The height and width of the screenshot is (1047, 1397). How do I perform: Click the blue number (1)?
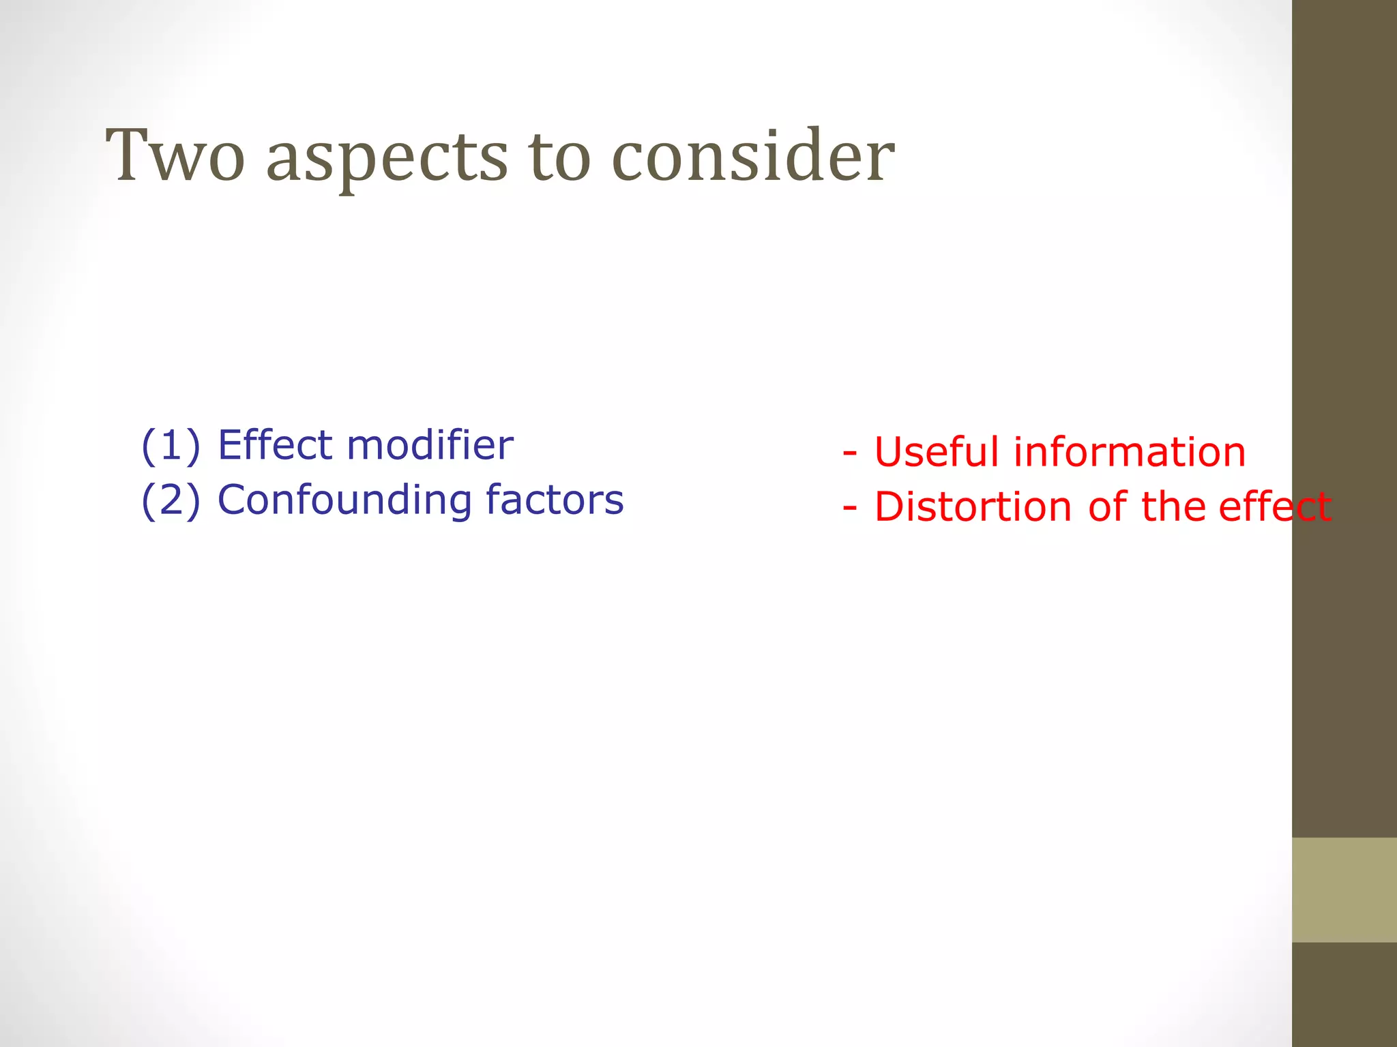(x=171, y=446)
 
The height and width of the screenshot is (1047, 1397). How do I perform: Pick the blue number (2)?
(x=171, y=500)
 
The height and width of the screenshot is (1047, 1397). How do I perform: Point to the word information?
(x=1130, y=453)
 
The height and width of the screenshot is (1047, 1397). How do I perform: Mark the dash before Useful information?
(x=849, y=453)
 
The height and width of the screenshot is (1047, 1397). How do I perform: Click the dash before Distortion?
(x=849, y=509)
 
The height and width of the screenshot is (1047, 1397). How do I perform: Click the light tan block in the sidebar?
(x=1344, y=890)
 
